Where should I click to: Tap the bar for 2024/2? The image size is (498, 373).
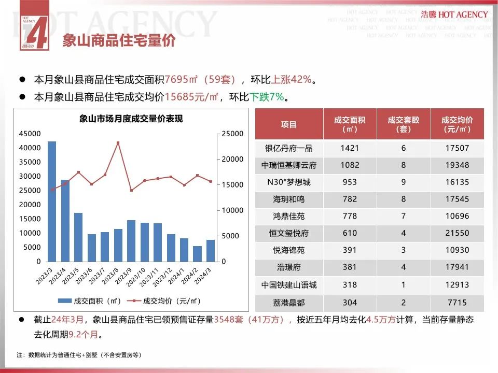197,254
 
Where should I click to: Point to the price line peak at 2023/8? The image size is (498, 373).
118,142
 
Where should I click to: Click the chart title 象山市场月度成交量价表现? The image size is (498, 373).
131,119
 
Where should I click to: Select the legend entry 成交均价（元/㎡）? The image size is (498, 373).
166,300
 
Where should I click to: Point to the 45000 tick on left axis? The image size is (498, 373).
29,134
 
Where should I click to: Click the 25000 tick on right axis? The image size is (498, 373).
232,134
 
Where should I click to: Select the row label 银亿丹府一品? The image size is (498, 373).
288,148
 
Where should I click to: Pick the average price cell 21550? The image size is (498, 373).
457,233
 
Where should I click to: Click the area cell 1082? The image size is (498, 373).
349,165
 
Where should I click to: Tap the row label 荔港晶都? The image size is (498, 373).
288,303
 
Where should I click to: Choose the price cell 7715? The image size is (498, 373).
457,303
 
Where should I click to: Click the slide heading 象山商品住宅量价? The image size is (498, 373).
119,41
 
